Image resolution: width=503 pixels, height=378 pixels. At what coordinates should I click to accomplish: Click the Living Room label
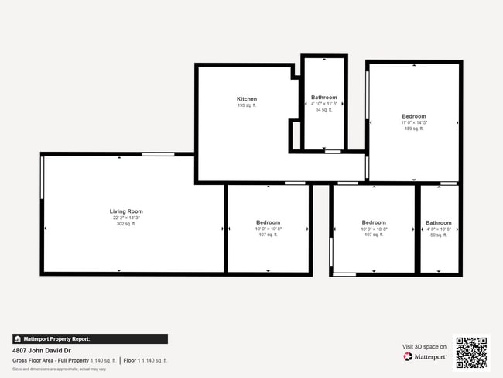(x=126, y=211)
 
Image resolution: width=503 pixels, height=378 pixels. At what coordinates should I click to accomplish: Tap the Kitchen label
(x=247, y=99)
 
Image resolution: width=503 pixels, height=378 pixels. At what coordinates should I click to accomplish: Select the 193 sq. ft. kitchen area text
(x=247, y=105)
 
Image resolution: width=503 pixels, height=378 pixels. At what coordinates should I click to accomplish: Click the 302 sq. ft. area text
(x=126, y=224)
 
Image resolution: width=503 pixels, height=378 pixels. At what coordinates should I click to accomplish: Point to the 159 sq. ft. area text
(x=414, y=129)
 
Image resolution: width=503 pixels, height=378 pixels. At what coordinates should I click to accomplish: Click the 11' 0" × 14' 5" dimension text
(x=414, y=122)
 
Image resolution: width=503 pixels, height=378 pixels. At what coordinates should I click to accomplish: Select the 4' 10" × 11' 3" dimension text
(x=324, y=103)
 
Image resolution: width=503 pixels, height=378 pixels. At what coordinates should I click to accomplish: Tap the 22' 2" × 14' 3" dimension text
(x=126, y=218)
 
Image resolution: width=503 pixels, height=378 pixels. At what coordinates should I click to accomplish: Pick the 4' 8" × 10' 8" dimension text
(x=439, y=229)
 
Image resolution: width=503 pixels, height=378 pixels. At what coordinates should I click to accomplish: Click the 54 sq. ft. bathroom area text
(x=324, y=110)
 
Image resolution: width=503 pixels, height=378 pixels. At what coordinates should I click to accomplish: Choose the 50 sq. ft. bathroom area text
(x=439, y=235)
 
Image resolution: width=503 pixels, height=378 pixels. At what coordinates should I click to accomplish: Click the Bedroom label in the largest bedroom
(x=414, y=116)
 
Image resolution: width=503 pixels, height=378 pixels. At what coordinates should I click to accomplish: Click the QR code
(x=471, y=352)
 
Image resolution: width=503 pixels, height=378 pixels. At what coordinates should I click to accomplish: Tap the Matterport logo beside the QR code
(x=425, y=357)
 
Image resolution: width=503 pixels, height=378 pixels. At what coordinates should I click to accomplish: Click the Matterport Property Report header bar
(x=90, y=338)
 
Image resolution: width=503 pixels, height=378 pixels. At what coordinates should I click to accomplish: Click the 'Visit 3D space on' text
(x=424, y=346)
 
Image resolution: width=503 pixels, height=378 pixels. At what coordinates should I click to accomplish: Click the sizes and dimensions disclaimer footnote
(x=59, y=369)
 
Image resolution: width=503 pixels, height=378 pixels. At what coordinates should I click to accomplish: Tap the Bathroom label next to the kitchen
(x=324, y=98)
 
